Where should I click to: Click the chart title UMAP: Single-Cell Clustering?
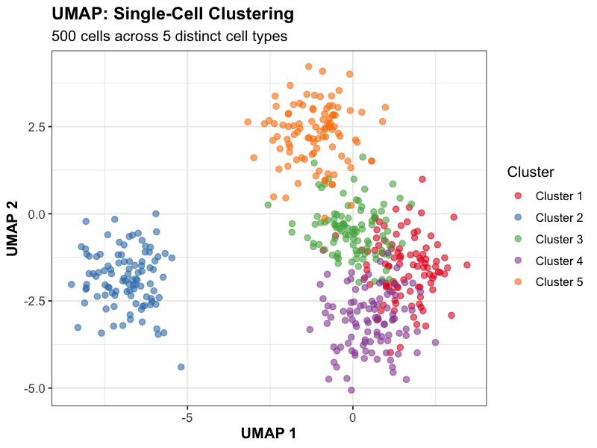click(172, 13)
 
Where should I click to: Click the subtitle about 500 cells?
click(169, 36)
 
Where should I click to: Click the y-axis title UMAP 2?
click(13, 228)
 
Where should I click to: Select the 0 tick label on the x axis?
click(353, 417)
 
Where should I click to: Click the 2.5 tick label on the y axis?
click(36, 126)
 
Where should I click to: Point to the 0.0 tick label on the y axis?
click(36, 214)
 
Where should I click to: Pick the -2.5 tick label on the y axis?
click(34, 301)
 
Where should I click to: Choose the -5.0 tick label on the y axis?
click(34, 388)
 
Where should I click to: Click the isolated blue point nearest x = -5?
click(181, 367)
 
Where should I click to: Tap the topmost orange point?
click(308, 66)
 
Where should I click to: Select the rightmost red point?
click(467, 264)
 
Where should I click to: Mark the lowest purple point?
click(351, 390)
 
